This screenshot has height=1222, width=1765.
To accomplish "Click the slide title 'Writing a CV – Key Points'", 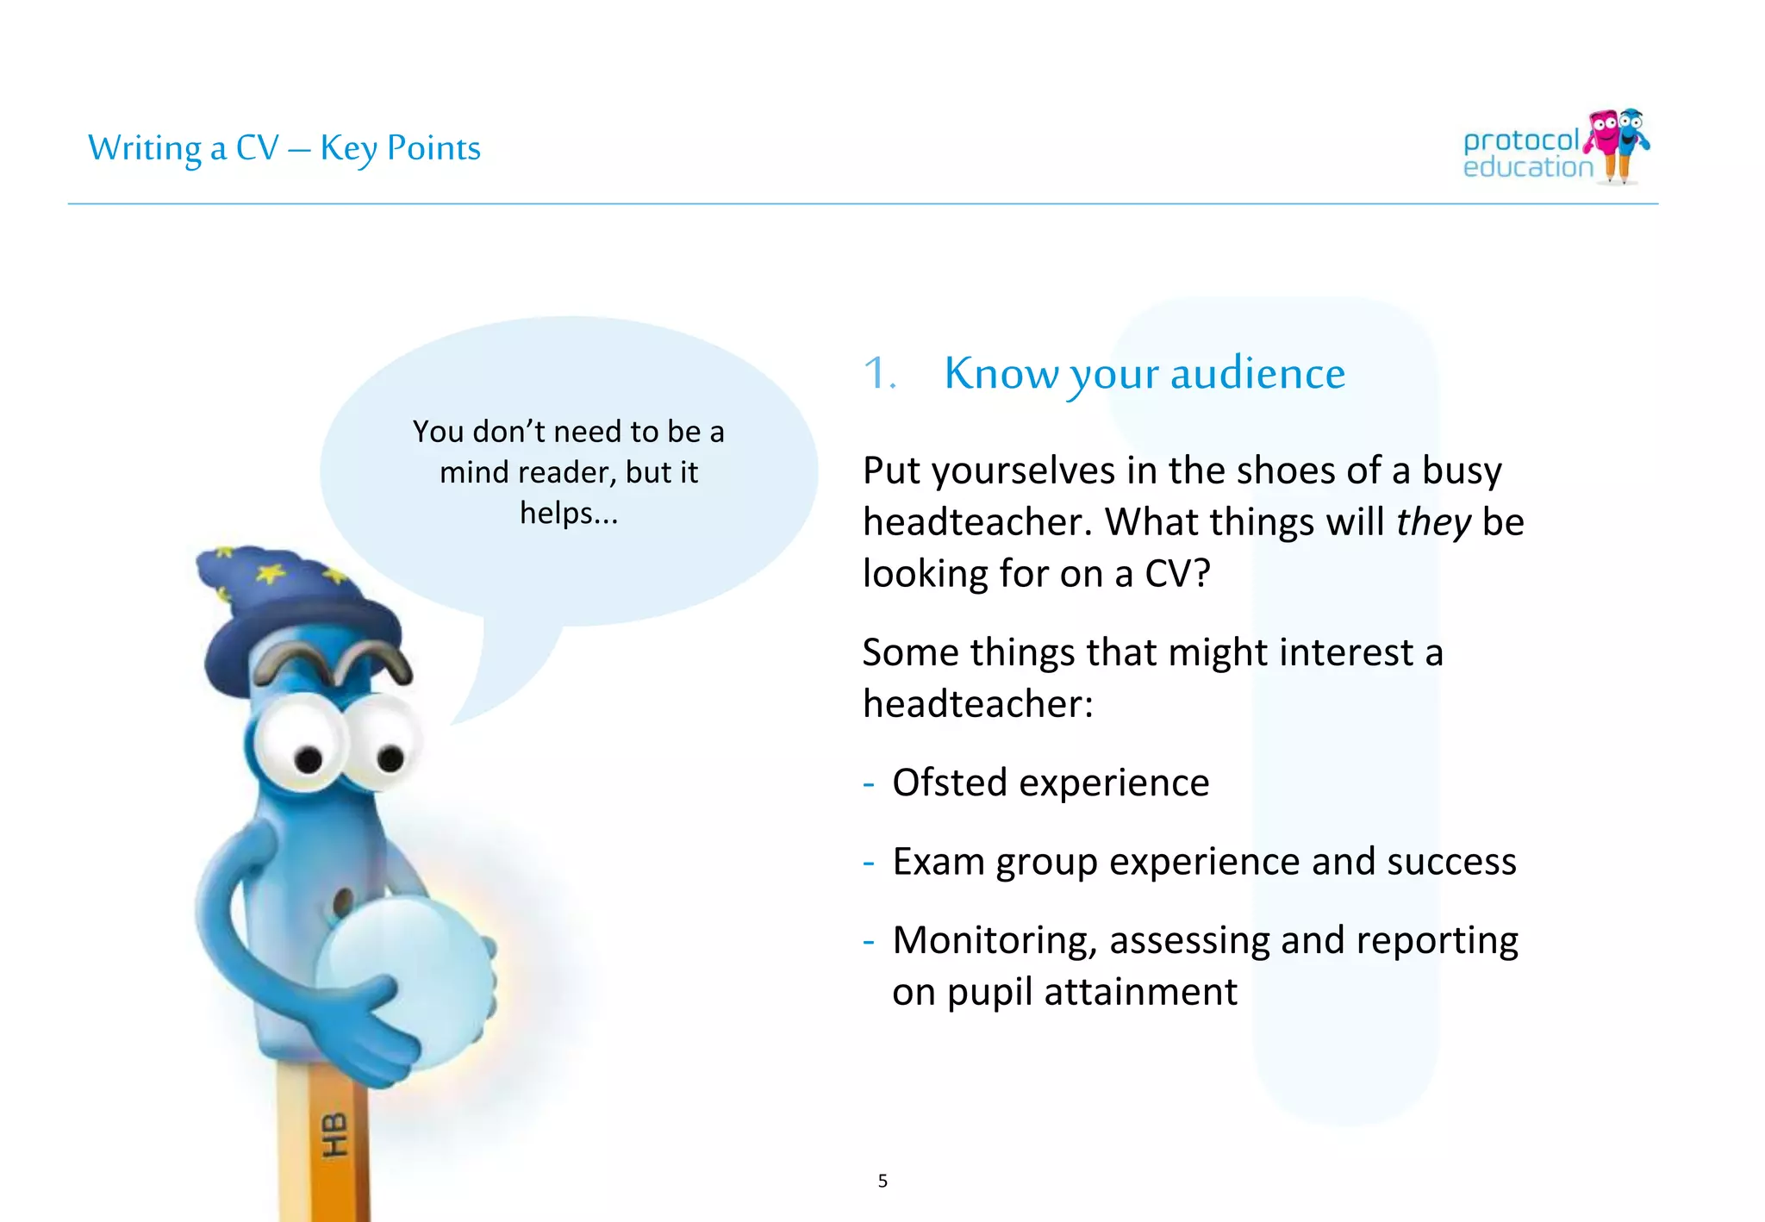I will [284, 148].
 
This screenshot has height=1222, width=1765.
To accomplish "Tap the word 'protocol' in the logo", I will [1520, 140].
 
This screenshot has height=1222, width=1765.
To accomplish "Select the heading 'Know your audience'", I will [1144, 374].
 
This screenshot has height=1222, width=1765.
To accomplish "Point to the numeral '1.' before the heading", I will [880, 374].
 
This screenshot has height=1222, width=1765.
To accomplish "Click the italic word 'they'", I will [1432, 522].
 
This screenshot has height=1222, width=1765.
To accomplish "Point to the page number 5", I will [882, 1181].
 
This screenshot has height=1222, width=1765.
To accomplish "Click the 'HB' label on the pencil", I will [334, 1135].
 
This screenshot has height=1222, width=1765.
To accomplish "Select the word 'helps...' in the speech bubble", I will [569, 514].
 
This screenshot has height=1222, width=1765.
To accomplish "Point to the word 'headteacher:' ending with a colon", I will [977, 704].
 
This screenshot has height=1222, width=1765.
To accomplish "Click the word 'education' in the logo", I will [1527, 167].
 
